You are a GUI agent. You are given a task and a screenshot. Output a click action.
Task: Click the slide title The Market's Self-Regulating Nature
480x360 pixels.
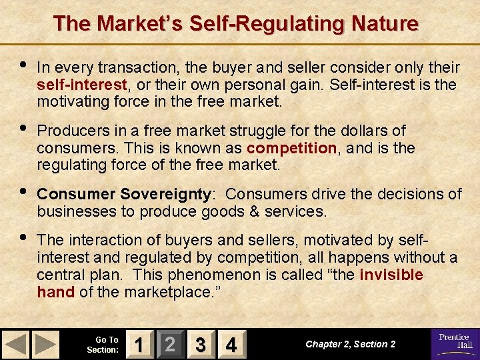pyautogui.click(x=236, y=24)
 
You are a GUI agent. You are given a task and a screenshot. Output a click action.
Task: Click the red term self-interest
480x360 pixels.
pyautogui.click(x=82, y=85)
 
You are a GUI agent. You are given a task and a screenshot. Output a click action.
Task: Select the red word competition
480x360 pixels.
pyautogui.click(x=291, y=147)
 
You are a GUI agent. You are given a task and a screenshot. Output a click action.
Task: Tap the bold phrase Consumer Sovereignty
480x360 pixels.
pyautogui.click(x=124, y=194)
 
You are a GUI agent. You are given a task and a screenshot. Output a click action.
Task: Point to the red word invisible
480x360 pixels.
pyautogui.click(x=391, y=275)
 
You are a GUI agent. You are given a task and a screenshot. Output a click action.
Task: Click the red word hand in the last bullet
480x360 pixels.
pyautogui.click(x=55, y=291)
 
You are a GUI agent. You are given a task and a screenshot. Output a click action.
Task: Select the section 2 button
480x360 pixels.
pyautogui.click(x=170, y=344)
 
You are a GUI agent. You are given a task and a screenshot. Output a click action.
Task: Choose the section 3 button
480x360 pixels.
pyautogui.click(x=200, y=344)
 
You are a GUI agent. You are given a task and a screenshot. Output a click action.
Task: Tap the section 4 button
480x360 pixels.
pyautogui.click(x=231, y=344)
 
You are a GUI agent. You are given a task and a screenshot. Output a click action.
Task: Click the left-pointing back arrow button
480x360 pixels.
pyautogui.click(x=17, y=344)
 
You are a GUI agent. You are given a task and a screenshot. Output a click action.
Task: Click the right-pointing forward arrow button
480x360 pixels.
pyautogui.click(x=46, y=344)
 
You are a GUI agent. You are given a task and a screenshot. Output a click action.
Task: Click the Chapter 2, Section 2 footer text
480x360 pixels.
pyautogui.click(x=350, y=344)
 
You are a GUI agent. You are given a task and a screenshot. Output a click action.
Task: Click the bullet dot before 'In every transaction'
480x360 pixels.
pyautogui.click(x=23, y=65)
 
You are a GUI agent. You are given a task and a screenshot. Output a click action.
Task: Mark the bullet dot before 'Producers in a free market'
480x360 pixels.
pyautogui.click(x=23, y=127)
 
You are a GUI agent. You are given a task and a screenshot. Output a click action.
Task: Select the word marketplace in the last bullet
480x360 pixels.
pyautogui.click(x=166, y=291)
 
